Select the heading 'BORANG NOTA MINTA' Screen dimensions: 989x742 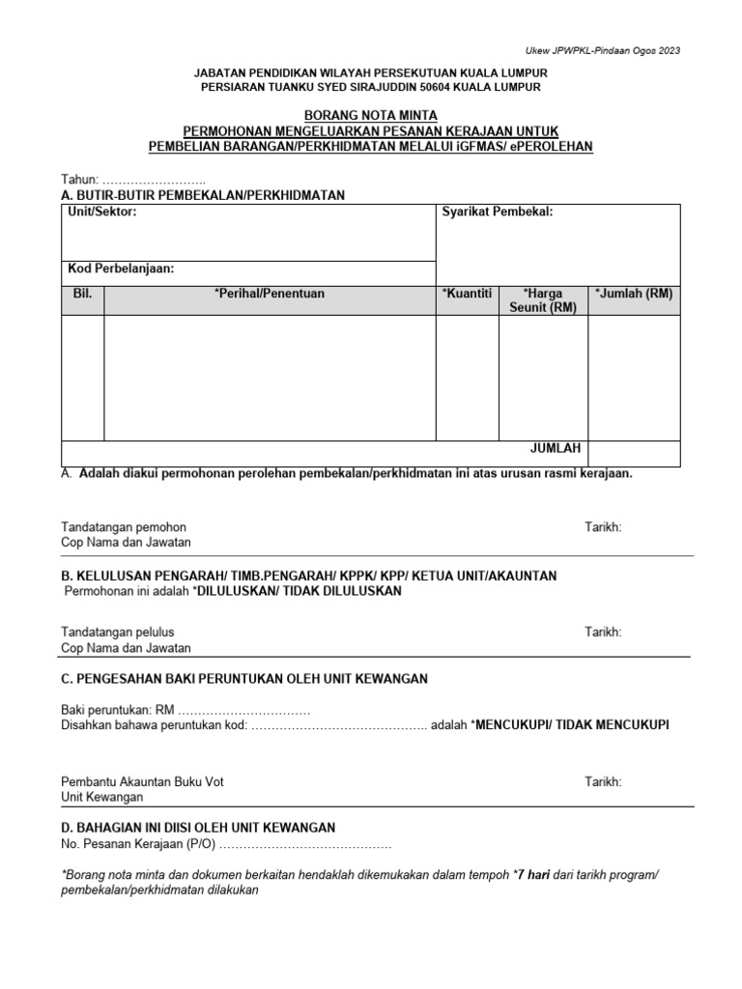coord(370,115)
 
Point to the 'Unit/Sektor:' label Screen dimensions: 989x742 coord(102,212)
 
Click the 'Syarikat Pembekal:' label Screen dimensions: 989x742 coord(498,212)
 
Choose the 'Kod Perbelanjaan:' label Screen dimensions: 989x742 coord(121,268)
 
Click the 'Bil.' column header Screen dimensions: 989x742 coord(82,294)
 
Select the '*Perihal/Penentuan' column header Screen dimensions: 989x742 coord(270,294)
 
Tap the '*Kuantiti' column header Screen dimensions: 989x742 coord(467,294)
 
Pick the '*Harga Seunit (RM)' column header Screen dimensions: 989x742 coord(542,300)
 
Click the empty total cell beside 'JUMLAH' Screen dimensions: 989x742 coord(634,452)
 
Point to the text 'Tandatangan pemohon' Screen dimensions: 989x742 coord(124,527)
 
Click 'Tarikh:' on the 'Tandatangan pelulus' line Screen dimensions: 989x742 coord(603,632)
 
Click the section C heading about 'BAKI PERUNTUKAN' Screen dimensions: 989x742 coord(244,679)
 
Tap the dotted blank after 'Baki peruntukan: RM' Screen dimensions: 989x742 coord(243,709)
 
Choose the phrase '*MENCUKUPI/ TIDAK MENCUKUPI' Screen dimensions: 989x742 coord(570,724)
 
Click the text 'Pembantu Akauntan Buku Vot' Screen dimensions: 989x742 coord(142,781)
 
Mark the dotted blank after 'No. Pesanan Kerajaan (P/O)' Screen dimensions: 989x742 coord(305,843)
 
